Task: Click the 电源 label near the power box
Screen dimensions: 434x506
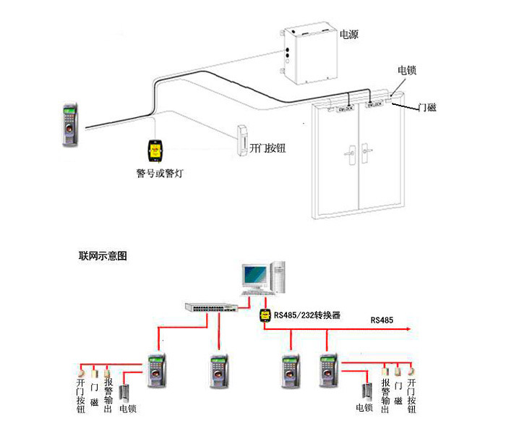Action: tap(349, 34)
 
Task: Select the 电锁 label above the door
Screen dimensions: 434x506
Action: tap(406, 71)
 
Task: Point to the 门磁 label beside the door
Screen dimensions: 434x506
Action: tap(428, 109)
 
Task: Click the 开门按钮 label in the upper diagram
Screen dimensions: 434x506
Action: tap(267, 148)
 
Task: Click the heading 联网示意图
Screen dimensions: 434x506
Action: tap(103, 256)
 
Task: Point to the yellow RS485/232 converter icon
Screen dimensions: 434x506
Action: tap(265, 315)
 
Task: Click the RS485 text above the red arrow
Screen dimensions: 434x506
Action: tap(382, 320)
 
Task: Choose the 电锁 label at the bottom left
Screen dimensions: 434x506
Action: tap(128, 409)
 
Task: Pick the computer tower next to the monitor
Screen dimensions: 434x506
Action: tap(279, 276)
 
